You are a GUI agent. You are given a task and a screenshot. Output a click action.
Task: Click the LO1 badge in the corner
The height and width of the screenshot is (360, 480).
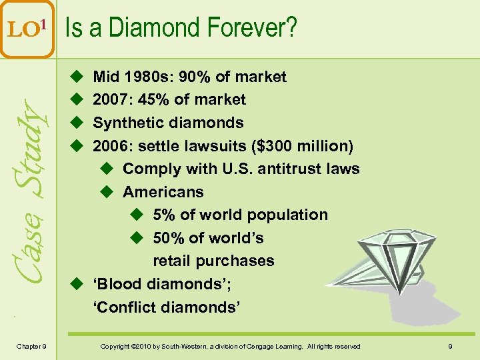(x=27, y=29)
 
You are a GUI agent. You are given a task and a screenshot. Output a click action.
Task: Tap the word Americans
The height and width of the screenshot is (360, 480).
(x=163, y=192)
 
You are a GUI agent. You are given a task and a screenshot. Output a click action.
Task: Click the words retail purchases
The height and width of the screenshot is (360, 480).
(x=213, y=261)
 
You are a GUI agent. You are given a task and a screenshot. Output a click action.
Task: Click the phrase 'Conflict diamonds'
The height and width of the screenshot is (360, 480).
(x=166, y=307)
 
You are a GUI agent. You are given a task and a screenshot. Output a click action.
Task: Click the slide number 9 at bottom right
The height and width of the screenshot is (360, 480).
(x=451, y=346)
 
